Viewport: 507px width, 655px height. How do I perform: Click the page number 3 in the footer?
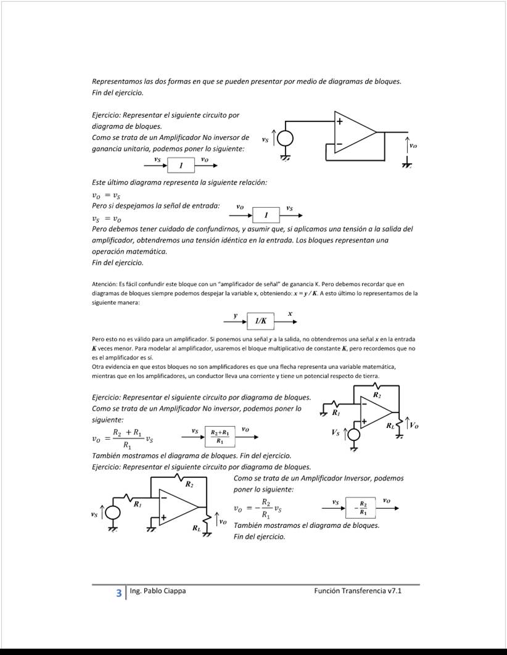(118, 593)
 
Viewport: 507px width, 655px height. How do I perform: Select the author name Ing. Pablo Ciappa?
(158, 591)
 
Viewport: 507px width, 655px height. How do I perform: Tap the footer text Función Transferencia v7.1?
(358, 591)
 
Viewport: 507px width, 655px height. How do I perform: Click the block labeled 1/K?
(261, 321)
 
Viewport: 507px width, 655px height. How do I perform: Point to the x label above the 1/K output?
(290, 314)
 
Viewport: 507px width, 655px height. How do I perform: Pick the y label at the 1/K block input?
(235, 315)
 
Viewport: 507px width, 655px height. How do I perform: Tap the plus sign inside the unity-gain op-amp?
(339, 122)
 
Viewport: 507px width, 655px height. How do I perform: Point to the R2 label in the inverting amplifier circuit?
(189, 485)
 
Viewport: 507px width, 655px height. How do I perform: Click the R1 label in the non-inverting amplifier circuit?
(336, 412)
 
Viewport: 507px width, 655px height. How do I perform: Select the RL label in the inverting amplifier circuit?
(196, 528)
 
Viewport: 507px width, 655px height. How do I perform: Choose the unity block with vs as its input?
(181, 166)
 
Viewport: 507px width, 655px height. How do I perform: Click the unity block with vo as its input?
(266, 215)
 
